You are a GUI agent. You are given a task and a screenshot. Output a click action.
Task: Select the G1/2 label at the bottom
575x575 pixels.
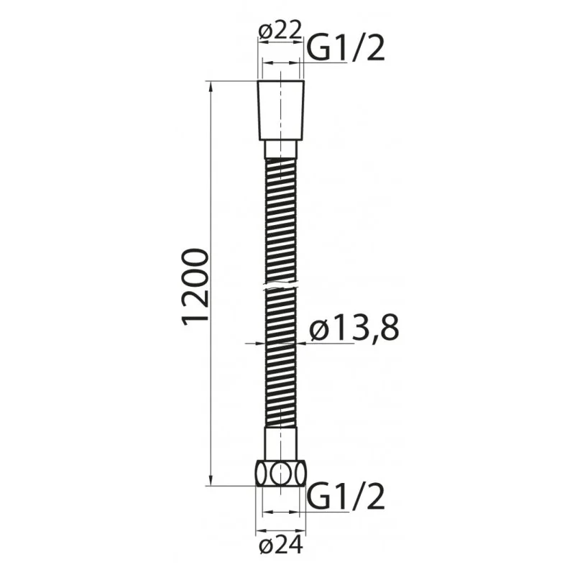coord(346,497)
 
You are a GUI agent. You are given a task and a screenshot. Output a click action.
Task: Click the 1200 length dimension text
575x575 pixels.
coord(195,287)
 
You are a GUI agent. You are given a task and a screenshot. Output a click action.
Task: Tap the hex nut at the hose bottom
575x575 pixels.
coord(280,474)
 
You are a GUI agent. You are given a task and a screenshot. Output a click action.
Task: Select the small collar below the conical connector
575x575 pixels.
coord(280,149)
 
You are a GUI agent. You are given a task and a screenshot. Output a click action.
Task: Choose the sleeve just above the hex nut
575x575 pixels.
coord(280,444)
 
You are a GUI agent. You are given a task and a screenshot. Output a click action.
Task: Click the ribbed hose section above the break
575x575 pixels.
coord(280,223)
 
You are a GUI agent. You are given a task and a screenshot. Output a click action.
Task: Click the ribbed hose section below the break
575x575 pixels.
coord(280,359)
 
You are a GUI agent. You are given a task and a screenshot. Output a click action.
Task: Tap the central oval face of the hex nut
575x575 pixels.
coord(280,475)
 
